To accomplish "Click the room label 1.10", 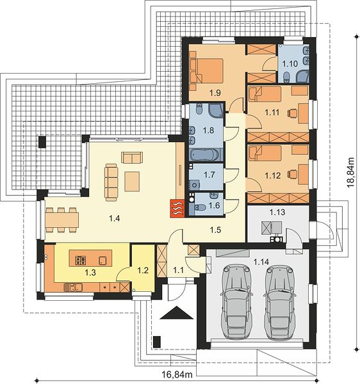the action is click(290, 64).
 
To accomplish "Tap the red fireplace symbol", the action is click(177, 208).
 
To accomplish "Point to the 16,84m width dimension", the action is click(177, 374).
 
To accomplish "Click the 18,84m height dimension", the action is click(350, 172).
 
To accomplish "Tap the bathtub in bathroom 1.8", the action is click(204, 155).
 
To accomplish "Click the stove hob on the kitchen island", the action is click(80, 260).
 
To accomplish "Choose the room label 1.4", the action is click(115, 218).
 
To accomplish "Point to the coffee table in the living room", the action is click(132, 181).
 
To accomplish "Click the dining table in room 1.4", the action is click(62, 220).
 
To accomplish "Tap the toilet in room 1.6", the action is click(200, 207).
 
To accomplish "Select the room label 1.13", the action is click(277, 212).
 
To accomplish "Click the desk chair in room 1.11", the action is click(292, 113).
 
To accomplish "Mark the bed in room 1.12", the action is click(265, 153).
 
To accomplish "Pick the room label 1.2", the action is click(143, 270).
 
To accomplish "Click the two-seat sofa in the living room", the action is click(132, 157).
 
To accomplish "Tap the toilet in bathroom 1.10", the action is click(286, 78).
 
